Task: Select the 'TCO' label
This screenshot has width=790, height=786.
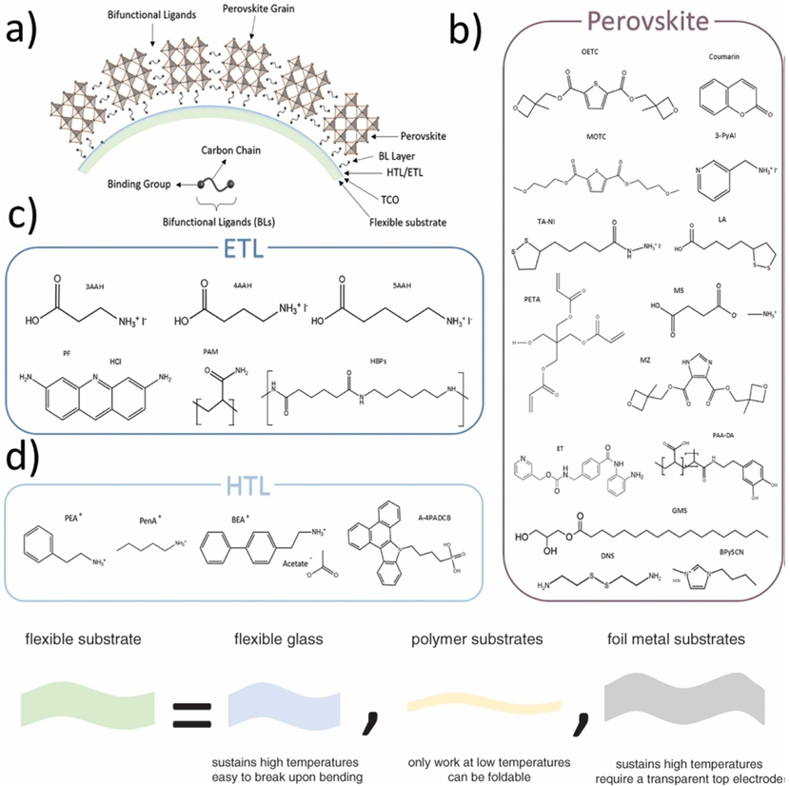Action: coord(386,189)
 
